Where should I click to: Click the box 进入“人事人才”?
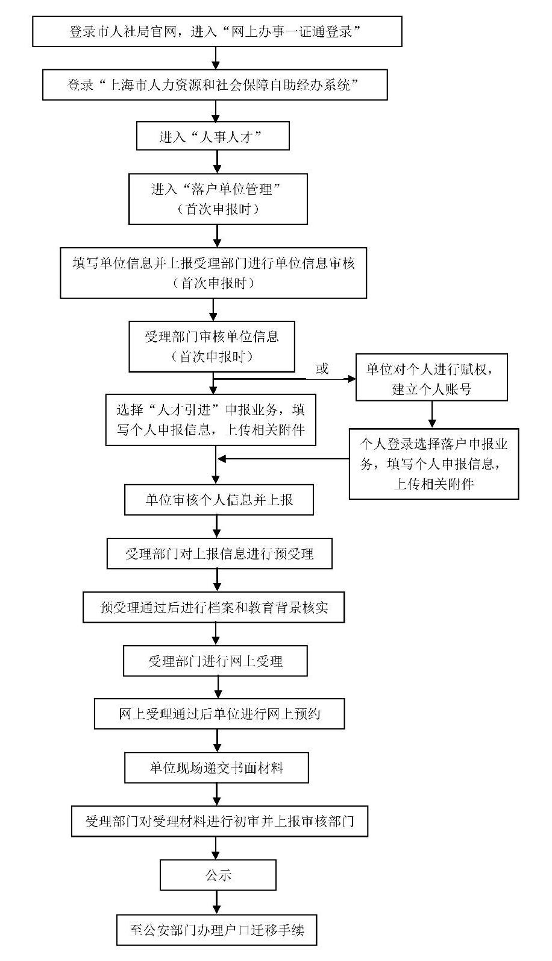tap(213, 136)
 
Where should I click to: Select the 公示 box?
tap(218, 875)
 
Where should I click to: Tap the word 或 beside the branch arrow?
tap(322, 368)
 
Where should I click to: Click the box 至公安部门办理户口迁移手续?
tap(216, 930)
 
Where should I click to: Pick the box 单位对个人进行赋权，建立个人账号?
tap(431, 377)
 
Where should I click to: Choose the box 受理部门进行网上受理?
tap(215, 661)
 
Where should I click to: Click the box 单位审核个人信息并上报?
tap(219, 500)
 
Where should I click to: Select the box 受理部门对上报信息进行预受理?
tap(219, 553)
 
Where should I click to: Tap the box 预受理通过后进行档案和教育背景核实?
tap(213, 607)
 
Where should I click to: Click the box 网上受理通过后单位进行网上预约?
tap(219, 714)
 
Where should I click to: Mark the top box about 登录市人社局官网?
tap(217, 31)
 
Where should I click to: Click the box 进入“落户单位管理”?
tap(218, 198)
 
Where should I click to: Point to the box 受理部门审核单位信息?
tap(212, 346)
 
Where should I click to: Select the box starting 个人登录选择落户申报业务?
tap(434, 464)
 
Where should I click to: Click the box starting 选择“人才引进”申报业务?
tap(210, 420)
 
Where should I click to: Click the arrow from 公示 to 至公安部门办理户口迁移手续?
tap(216, 903)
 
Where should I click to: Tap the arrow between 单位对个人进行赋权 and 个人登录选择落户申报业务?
tap(432, 414)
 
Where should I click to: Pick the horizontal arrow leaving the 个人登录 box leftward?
tap(283, 459)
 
